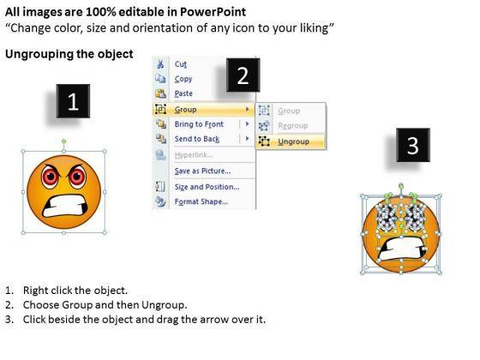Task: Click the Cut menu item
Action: coord(180,64)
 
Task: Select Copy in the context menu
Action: coord(183,79)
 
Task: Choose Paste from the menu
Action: coord(183,93)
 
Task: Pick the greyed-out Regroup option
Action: coord(293,125)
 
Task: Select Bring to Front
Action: coord(199,124)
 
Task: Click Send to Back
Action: coord(197,139)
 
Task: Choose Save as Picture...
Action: coord(202,171)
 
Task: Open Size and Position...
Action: coord(207,187)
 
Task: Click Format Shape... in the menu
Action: coord(201,201)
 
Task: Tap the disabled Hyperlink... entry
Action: coord(194,155)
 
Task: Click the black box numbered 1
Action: coord(73,101)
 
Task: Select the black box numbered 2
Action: coord(243,75)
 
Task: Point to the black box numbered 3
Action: coord(413,145)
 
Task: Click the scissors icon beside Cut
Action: coord(160,64)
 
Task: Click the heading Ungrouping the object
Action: coord(69,54)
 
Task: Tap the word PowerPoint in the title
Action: coord(213,12)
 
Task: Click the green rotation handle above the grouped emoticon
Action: coord(63,141)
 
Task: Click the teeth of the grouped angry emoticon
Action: coord(64,207)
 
